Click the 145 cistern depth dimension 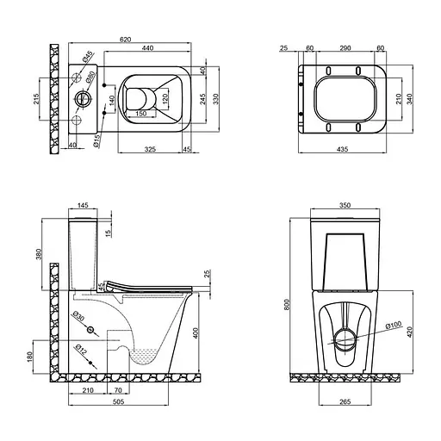point(84,205)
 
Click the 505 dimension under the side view point(118,399)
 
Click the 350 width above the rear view point(342,205)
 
